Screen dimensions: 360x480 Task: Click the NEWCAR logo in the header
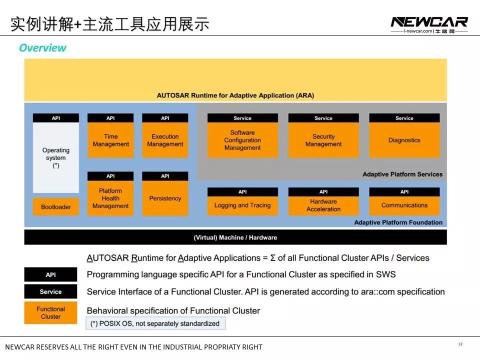[429, 22]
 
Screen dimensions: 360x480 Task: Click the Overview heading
[42, 48]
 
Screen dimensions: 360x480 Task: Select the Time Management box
[110, 140]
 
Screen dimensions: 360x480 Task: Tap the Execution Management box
[165, 140]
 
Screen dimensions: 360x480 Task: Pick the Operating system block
[56, 157]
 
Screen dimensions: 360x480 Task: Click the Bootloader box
[56, 207]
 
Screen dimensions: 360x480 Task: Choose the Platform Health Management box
[110, 198]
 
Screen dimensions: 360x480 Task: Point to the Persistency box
[165, 198]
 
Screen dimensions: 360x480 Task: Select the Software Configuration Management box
[242, 140]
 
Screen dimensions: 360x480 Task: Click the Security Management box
[323, 140]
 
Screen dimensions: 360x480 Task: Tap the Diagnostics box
[404, 140]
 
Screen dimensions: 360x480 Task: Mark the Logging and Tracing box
[242, 205]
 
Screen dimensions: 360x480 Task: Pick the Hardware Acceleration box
[323, 205]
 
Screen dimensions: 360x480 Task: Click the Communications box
[404, 205]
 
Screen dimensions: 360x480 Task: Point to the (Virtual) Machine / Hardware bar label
[235, 237]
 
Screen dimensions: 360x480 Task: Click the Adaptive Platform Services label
[402, 174]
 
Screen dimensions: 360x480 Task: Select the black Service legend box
[50, 291]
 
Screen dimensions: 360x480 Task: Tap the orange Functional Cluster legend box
[50, 312]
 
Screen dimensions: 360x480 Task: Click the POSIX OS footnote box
[155, 323]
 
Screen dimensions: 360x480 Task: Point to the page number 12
[460, 344]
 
